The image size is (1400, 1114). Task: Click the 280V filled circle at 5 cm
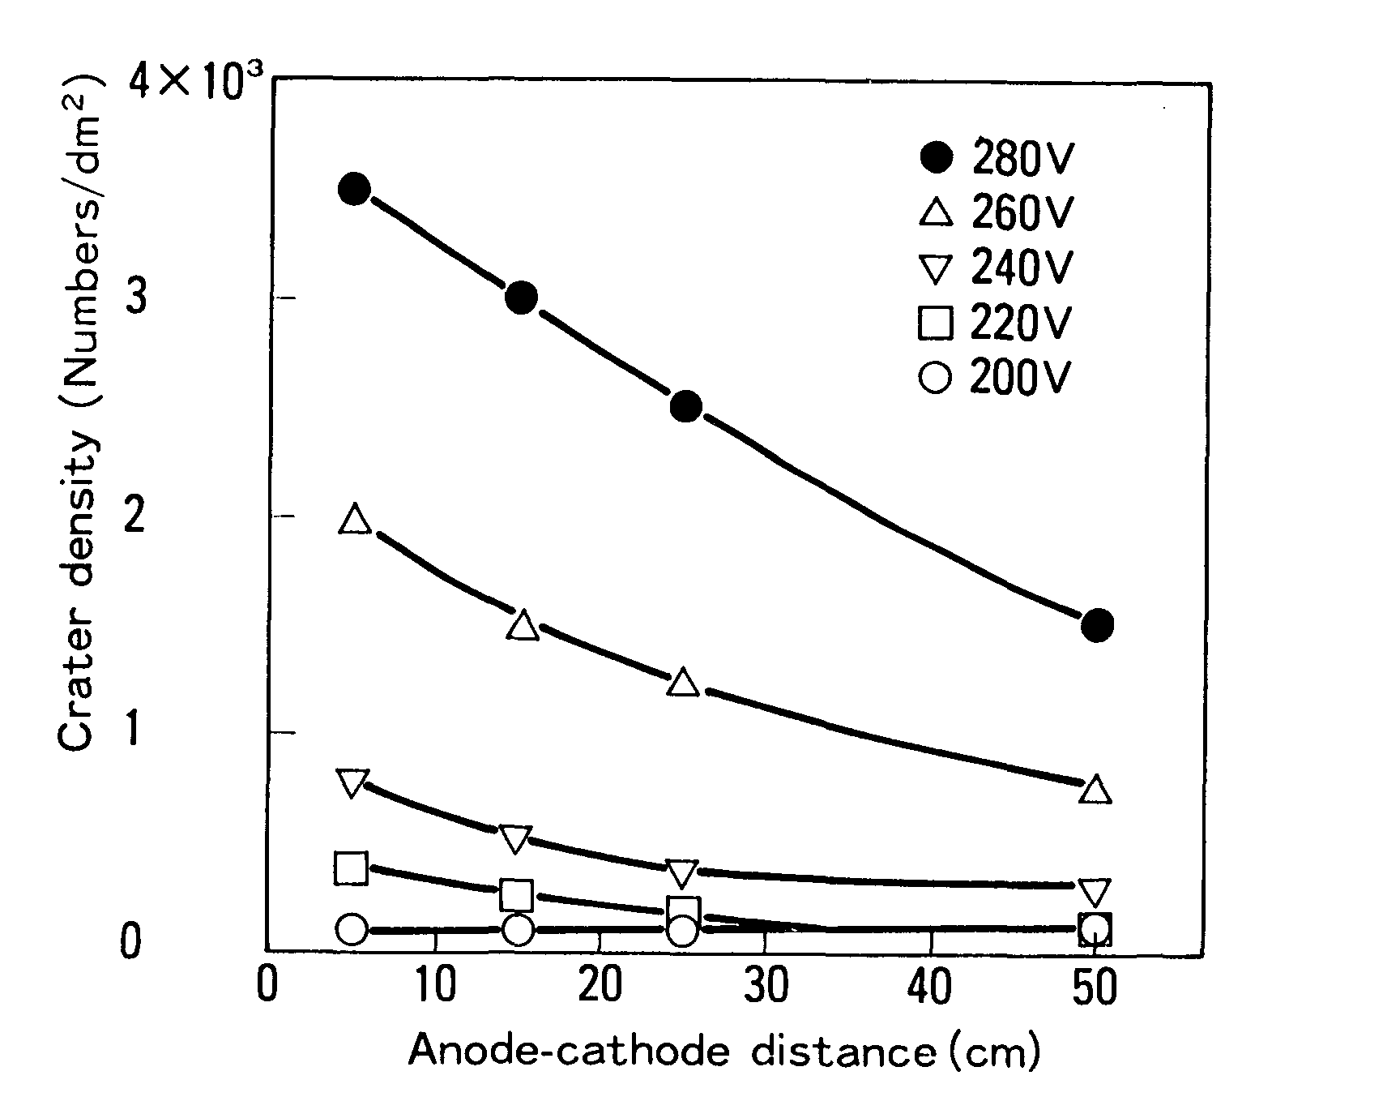[x=354, y=189]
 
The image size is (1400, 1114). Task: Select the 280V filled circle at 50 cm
[x=1098, y=624]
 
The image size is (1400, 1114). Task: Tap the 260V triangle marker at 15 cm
[x=523, y=627]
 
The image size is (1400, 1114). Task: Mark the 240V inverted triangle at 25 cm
[x=681, y=873]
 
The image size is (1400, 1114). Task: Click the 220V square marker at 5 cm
[x=351, y=868]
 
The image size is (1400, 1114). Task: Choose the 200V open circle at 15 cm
[x=518, y=929]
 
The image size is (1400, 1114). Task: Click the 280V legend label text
[x=1022, y=160]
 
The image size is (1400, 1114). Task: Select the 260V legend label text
[x=1022, y=214]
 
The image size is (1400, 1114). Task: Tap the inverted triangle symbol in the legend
[x=936, y=268]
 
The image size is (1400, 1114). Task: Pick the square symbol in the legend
[x=936, y=323]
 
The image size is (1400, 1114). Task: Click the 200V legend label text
[x=1021, y=378]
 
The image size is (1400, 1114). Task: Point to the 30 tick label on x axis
[x=766, y=988]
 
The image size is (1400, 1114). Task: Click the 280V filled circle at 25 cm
[x=685, y=406]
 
